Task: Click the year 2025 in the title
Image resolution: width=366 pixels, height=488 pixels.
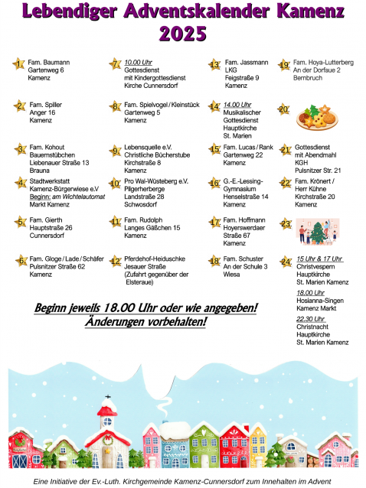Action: (x=182, y=34)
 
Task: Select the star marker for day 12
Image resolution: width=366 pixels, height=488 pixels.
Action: (x=115, y=261)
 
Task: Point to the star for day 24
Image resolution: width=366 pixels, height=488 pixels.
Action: (x=285, y=262)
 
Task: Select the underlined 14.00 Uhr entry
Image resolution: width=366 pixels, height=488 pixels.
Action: (x=238, y=104)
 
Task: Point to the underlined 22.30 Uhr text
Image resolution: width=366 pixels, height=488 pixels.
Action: (x=310, y=319)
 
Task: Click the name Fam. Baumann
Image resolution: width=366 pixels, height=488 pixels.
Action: (x=49, y=62)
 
